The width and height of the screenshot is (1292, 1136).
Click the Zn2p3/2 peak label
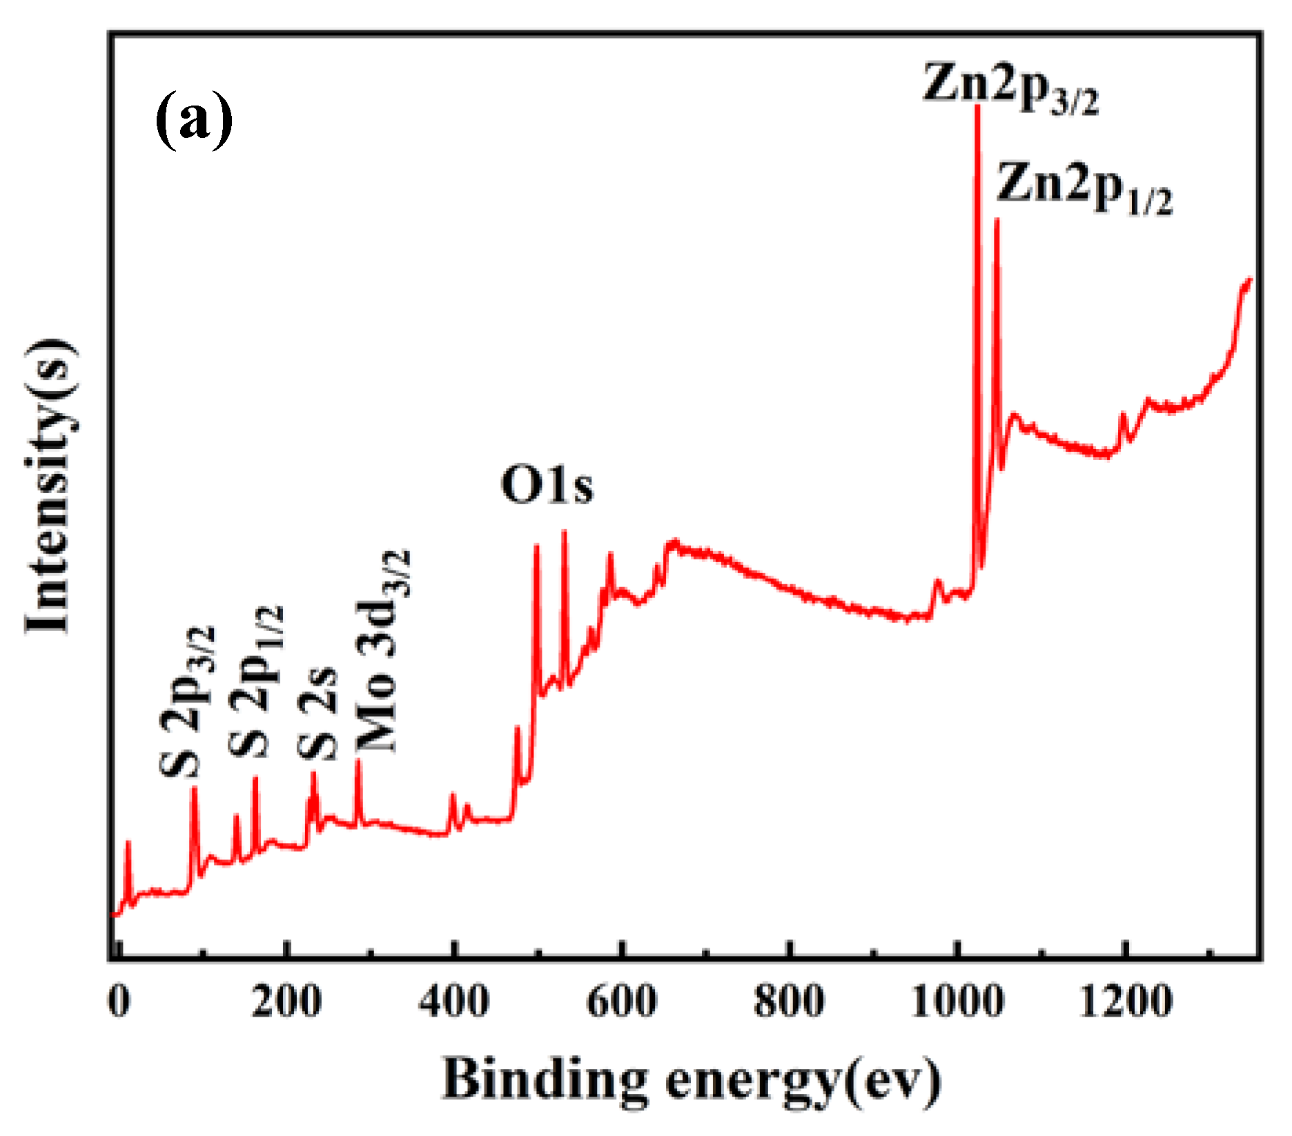point(1009,88)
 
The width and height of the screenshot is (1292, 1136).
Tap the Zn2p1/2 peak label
point(1084,188)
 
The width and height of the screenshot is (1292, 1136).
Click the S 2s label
point(318,715)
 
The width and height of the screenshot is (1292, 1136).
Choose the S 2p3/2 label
point(187,702)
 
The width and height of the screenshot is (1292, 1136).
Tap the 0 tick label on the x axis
point(119,1001)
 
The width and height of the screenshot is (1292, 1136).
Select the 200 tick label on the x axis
point(286,1001)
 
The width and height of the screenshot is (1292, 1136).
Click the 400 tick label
point(454,1001)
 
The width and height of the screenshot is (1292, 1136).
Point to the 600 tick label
point(622,1001)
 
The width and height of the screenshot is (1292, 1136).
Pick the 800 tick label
point(789,1001)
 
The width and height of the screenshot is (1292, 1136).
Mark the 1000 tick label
point(957,1001)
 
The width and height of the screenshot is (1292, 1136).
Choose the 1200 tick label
point(1125,1001)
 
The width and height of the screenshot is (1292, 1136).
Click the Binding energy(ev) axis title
point(692,1080)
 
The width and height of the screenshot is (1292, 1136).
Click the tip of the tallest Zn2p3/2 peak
point(977,108)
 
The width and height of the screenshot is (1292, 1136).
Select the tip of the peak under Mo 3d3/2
point(358,761)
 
